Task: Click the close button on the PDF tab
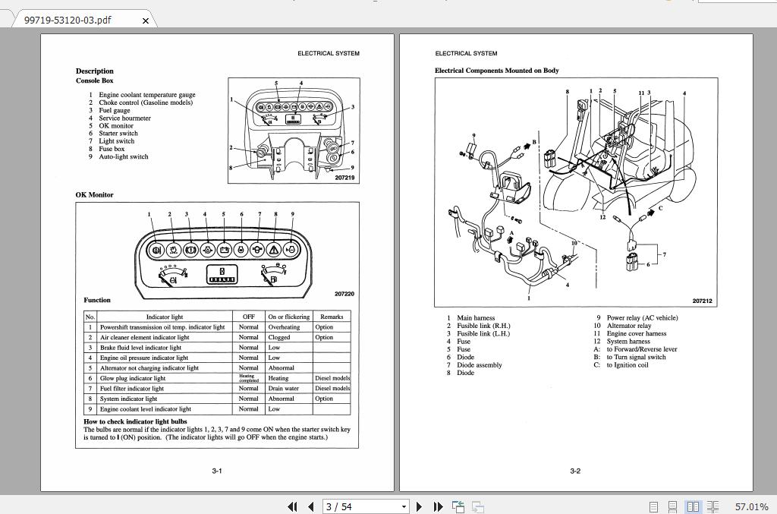point(146,20)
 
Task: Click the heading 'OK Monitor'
point(94,195)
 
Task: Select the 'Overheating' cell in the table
point(284,327)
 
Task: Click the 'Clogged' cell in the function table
point(278,337)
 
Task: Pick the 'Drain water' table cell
point(283,388)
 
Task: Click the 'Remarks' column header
point(332,317)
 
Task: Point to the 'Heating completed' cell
point(248,377)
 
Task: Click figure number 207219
point(344,178)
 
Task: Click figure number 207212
point(702,301)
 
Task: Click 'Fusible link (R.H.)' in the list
point(483,326)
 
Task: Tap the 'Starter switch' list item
point(118,134)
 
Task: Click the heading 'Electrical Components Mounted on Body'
point(496,71)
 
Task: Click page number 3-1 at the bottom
point(217,471)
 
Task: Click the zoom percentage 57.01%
point(751,506)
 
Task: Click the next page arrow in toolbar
point(419,506)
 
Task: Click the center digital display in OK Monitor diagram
point(222,275)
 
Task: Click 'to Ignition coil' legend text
point(627,365)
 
